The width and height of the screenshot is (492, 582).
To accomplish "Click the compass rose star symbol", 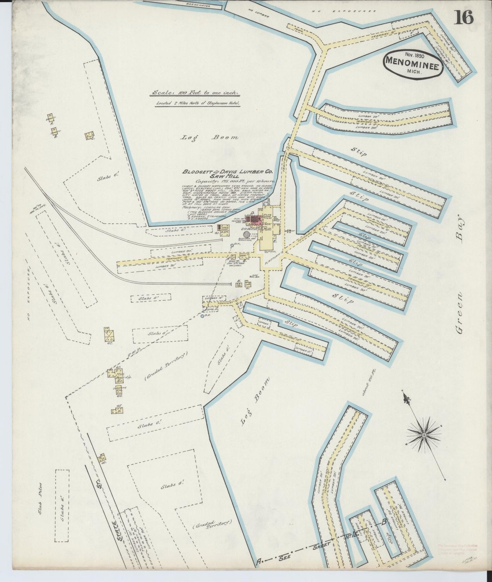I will [424, 435].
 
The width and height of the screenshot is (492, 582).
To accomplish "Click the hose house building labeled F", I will [233, 257].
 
